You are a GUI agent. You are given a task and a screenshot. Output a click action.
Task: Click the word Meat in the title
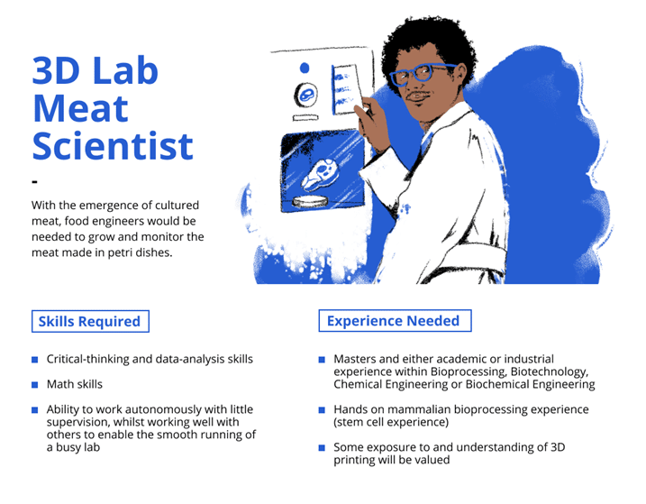[x=80, y=108]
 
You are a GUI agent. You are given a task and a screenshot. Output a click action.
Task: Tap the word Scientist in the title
[x=113, y=145]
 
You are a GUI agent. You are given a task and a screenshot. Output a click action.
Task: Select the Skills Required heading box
[x=90, y=321]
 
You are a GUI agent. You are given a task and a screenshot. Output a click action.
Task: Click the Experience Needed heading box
[x=395, y=320]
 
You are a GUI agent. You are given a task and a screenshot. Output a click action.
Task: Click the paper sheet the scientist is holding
[x=346, y=88]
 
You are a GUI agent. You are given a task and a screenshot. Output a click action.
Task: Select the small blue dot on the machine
[x=305, y=68]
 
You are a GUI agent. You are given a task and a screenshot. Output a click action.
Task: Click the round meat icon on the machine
[x=305, y=95]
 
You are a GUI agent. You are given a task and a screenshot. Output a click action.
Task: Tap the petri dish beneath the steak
[x=310, y=201]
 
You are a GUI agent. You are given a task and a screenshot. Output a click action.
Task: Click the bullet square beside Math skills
[x=34, y=385]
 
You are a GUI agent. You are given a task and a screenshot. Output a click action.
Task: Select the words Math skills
[x=75, y=384]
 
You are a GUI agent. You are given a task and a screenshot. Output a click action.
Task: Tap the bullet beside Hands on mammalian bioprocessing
[x=322, y=410]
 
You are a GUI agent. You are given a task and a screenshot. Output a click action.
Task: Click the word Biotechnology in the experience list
[x=550, y=372]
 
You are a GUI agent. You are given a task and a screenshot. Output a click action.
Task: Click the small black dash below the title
[x=34, y=181]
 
